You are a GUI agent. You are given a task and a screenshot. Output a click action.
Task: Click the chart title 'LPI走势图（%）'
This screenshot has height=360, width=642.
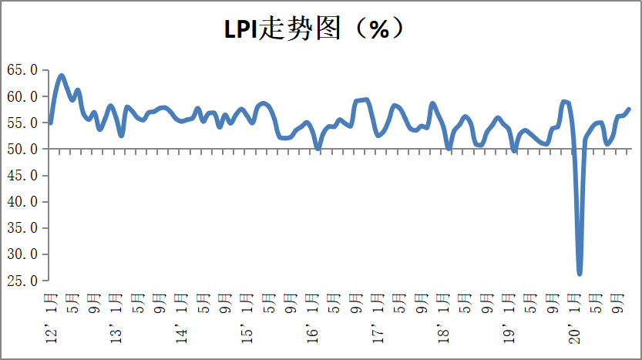(314, 29)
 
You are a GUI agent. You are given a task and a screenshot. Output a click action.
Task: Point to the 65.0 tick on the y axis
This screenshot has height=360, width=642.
(22, 70)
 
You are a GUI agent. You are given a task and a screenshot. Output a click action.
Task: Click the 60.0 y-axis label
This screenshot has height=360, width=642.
(22, 96)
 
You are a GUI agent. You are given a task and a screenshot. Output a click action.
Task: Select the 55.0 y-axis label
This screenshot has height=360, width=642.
(22, 123)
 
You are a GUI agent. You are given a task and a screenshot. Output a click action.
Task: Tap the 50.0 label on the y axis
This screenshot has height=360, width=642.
(22, 149)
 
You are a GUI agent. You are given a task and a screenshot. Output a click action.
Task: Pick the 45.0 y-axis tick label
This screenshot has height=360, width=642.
(22, 176)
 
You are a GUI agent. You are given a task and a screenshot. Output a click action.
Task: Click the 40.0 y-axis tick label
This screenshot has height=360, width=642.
(22, 202)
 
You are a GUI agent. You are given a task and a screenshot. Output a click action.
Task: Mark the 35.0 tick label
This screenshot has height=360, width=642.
(22, 228)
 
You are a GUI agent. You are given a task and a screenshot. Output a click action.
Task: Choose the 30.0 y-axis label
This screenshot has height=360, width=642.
(22, 254)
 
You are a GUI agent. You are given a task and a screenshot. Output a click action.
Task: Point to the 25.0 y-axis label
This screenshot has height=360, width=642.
(22, 281)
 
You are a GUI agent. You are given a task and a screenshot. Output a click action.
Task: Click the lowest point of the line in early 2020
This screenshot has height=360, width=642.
(580, 273)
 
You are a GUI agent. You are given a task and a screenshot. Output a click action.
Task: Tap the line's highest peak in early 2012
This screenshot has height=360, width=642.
(62, 76)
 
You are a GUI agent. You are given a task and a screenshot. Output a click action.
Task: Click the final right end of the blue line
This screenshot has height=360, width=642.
(629, 109)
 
